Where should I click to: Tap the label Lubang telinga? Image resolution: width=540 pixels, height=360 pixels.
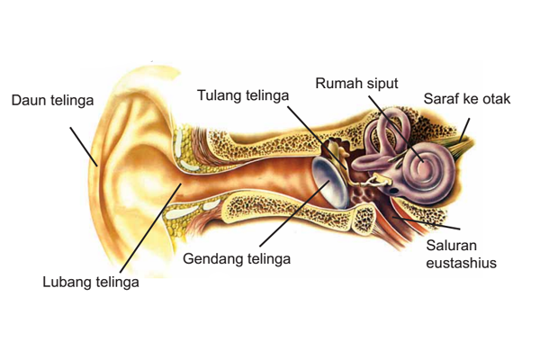[x=91, y=283]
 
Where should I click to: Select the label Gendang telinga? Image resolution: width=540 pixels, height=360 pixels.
[x=237, y=258]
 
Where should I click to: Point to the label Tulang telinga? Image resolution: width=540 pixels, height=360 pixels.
[x=245, y=95]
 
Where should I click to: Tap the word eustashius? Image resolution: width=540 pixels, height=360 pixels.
[x=463, y=263]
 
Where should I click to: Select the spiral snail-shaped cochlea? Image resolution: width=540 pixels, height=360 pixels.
[x=422, y=166]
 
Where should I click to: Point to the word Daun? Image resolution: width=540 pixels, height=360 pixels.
[x=27, y=98]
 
